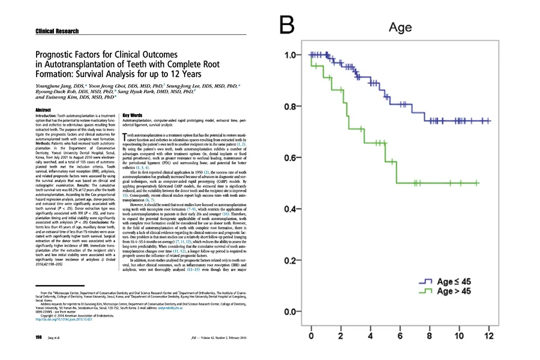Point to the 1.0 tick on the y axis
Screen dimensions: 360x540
click(x=290, y=55)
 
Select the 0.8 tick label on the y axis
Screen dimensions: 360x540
click(x=290, y=107)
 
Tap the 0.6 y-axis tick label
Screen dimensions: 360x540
click(x=290, y=158)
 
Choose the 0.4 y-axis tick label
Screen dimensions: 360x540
click(x=290, y=209)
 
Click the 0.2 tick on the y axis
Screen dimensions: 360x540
click(x=290, y=261)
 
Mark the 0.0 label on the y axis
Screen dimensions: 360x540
click(x=290, y=312)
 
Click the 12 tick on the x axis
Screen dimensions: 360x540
click(x=488, y=335)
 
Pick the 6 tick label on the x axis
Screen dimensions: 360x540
click(x=400, y=335)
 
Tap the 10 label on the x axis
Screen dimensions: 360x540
click(x=458, y=335)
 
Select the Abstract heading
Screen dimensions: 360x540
click(x=43, y=110)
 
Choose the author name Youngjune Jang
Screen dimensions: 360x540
click(x=55, y=86)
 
